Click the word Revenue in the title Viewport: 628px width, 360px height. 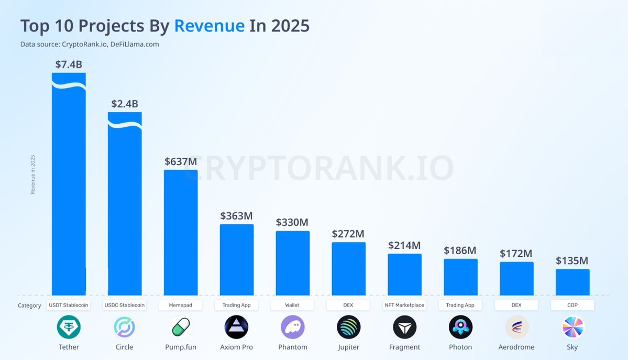[x=210, y=26]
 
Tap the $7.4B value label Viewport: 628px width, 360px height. [x=69, y=64]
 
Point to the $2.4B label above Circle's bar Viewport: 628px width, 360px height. [x=125, y=104]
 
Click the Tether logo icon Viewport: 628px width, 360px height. [x=69, y=328]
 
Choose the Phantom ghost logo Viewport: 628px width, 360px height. [x=293, y=328]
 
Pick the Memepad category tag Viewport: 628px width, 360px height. [x=181, y=305]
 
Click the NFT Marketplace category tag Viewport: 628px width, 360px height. [x=404, y=305]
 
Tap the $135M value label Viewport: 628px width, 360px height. [x=572, y=260]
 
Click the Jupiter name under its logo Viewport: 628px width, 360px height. [x=349, y=347]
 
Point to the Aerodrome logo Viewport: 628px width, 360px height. [x=516, y=328]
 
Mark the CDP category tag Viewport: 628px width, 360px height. [x=572, y=305]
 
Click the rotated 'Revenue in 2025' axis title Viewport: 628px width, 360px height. [x=33, y=174]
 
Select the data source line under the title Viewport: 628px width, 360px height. [x=90, y=45]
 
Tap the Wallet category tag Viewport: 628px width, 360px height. [x=292, y=305]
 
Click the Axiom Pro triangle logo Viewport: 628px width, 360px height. [x=237, y=328]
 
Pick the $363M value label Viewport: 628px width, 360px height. [x=236, y=215]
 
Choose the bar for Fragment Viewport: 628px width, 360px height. [x=404, y=275]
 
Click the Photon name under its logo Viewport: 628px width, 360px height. [x=460, y=347]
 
